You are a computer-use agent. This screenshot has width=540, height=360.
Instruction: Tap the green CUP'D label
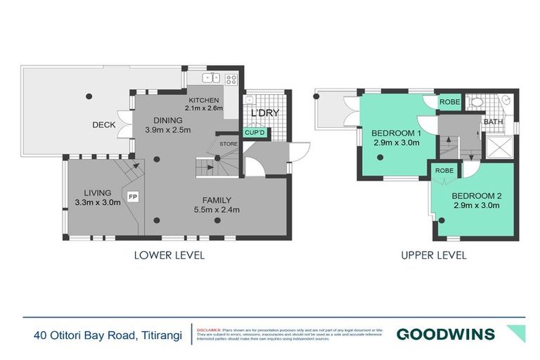pos(254,132)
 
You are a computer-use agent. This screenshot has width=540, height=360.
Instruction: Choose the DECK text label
pos(104,125)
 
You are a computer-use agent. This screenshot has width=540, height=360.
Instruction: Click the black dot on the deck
pos(89,96)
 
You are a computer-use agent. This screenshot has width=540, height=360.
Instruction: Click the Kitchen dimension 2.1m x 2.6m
pos(204,108)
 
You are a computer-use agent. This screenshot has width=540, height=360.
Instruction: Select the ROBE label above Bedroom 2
pos(444,170)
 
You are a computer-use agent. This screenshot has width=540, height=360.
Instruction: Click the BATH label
pos(491,122)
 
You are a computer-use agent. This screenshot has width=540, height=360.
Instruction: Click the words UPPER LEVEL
pos(434,255)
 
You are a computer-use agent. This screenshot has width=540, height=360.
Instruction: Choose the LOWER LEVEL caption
pos(169,255)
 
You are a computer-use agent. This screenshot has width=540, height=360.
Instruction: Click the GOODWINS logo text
pos(445,334)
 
